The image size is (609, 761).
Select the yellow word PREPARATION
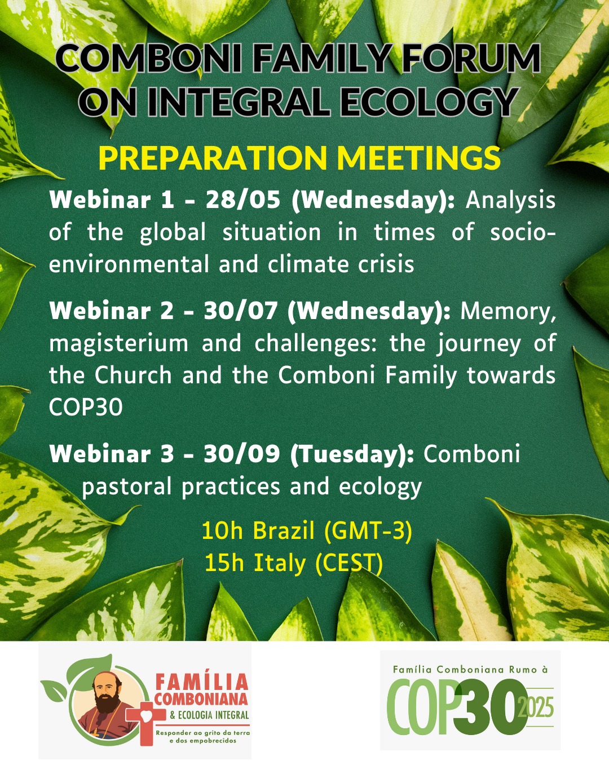213,158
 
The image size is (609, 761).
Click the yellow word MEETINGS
418,158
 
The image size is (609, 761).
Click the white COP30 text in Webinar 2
86,408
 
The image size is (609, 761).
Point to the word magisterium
118,344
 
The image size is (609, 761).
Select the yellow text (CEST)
349,564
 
